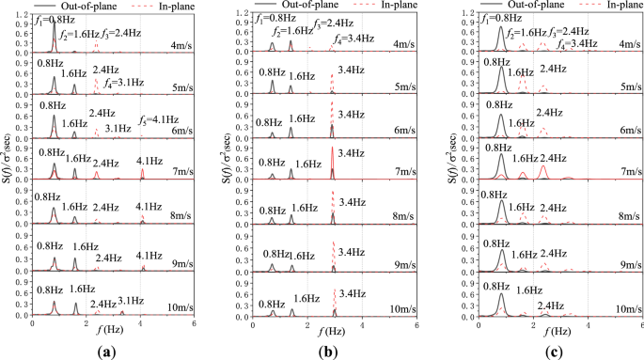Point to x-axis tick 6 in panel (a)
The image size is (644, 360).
click(194, 322)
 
